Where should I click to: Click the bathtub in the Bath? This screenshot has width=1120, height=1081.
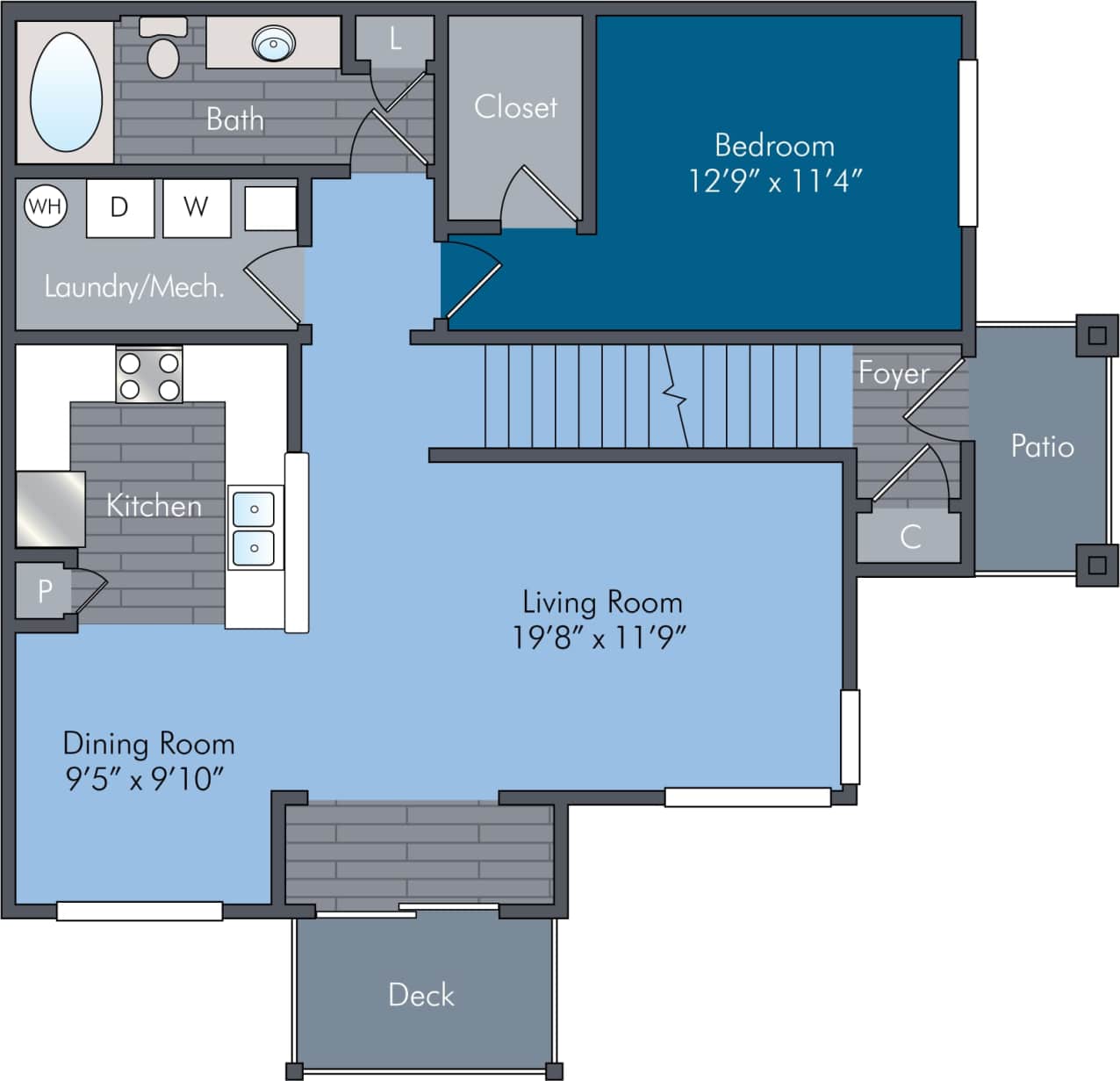(x=66, y=93)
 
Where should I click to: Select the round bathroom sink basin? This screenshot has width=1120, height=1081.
(x=273, y=41)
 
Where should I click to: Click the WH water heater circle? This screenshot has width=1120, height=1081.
(x=46, y=206)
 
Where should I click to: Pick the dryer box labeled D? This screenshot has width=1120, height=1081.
(x=119, y=208)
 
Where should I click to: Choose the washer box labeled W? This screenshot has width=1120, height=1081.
(x=196, y=208)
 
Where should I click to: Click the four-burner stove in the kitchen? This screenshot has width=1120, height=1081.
(x=149, y=375)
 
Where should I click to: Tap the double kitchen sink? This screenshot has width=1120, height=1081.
(x=254, y=528)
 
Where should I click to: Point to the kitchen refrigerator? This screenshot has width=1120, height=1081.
(x=50, y=508)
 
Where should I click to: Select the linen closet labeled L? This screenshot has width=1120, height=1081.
(x=395, y=39)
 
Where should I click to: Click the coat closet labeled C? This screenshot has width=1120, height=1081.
(x=910, y=536)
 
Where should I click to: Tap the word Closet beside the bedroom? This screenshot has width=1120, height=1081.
(x=515, y=107)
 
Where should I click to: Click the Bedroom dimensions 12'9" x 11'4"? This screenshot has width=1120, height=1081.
(x=774, y=181)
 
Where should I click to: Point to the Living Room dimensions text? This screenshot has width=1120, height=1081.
(x=599, y=637)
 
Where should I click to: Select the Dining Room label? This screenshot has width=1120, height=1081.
(x=148, y=744)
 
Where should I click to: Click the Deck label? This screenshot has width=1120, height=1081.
(x=421, y=995)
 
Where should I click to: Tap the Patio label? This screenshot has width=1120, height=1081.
(x=1042, y=446)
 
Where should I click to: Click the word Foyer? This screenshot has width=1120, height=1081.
(x=893, y=373)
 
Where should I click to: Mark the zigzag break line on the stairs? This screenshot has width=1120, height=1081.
(x=675, y=395)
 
